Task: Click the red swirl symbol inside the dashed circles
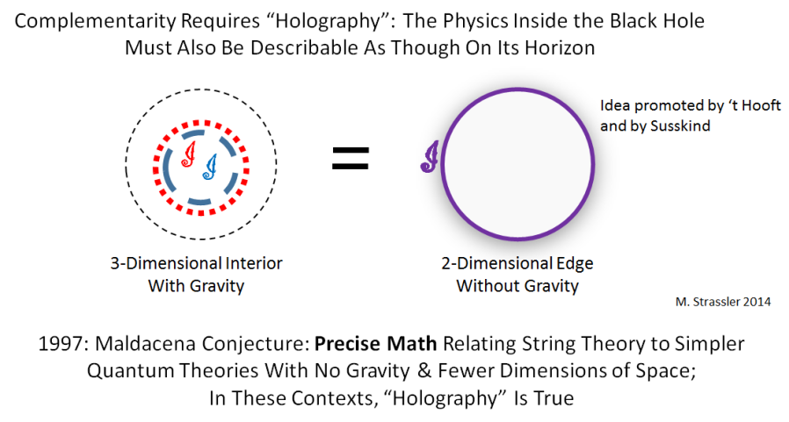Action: click(x=189, y=154)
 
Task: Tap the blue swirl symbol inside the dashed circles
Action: click(x=210, y=167)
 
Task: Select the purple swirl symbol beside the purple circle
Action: click(x=430, y=157)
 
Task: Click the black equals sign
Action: click(x=351, y=158)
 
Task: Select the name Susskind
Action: click(x=680, y=125)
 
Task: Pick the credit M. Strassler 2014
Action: click(x=723, y=302)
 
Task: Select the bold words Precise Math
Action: click(x=375, y=344)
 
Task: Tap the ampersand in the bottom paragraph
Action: click(x=424, y=371)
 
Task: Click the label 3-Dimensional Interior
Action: click(x=196, y=263)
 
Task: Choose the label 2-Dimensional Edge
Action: click(x=518, y=263)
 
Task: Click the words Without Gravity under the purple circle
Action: click(x=518, y=286)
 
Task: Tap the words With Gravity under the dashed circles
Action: click(x=196, y=286)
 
